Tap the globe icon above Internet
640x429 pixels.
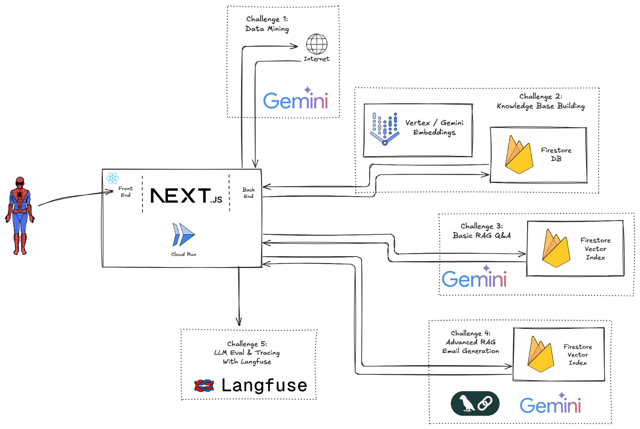pyautogui.click(x=317, y=44)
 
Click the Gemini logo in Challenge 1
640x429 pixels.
pyautogui.click(x=296, y=99)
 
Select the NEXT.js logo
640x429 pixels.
pyautogui.click(x=186, y=195)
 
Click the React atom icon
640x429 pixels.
pyautogui.click(x=112, y=178)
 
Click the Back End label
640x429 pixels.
pyautogui.click(x=249, y=193)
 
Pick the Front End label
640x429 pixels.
pyautogui.click(x=125, y=192)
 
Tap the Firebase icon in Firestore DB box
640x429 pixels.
pyautogui.click(x=519, y=155)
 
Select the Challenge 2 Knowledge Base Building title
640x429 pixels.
pyautogui.click(x=541, y=101)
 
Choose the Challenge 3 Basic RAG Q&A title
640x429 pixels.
pyautogui.click(x=482, y=231)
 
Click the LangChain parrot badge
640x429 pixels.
pyautogui.click(x=475, y=403)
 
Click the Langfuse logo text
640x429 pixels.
pyautogui.click(x=264, y=385)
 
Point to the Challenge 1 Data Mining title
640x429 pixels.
pyautogui.click(x=267, y=24)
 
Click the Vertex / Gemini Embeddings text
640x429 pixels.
pyautogui.click(x=434, y=127)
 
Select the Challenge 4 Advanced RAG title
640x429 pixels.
pyautogui.click(x=471, y=342)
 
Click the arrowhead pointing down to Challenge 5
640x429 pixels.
pyautogui.click(x=239, y=322)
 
